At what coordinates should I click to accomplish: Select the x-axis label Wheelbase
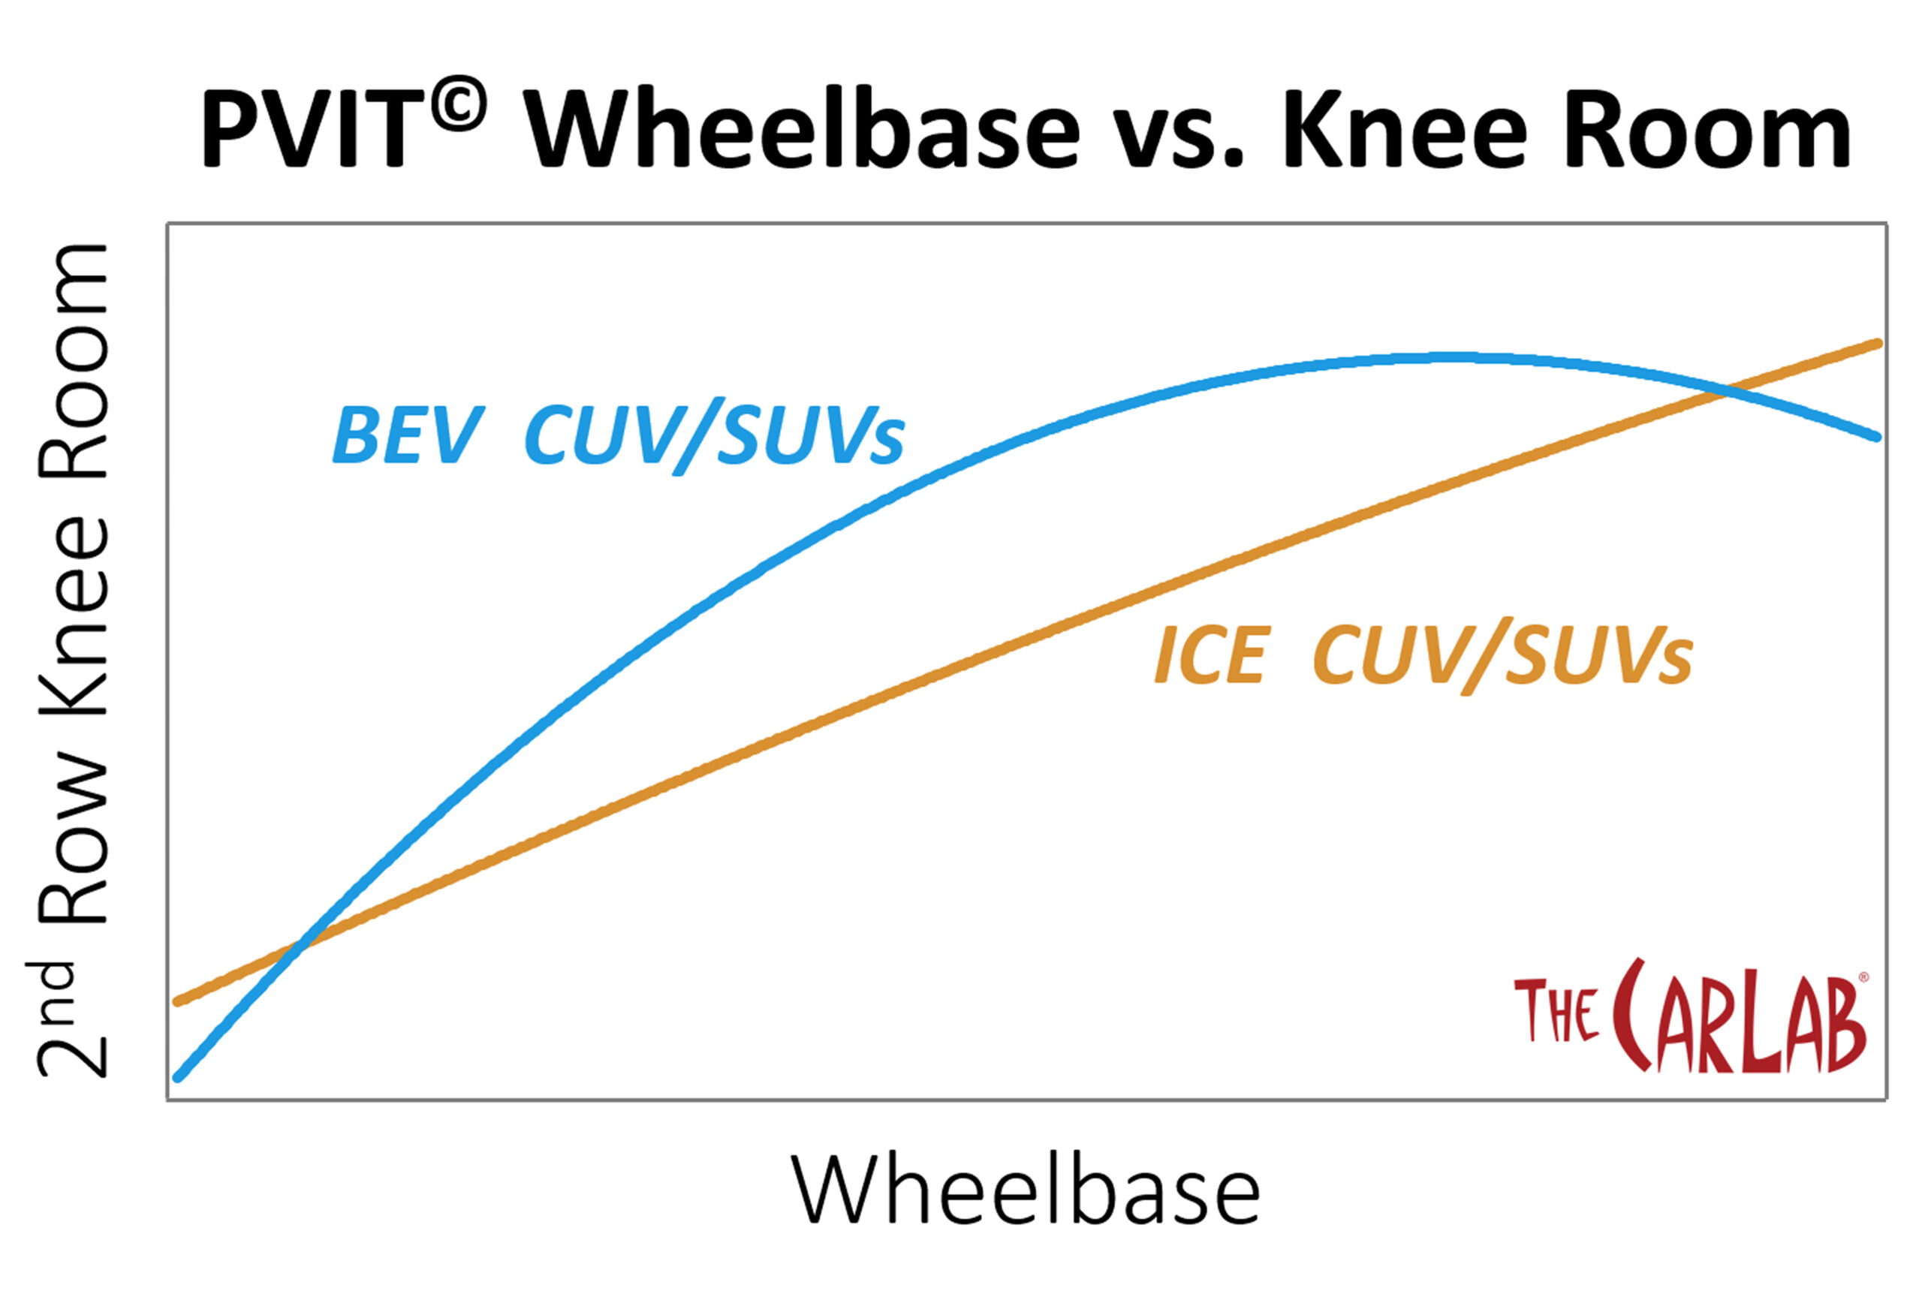click(x=1025, y=1189)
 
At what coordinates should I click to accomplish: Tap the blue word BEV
click(x=407, y=435)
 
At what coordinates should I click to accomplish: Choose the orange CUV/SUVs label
click(x=1503, y=657)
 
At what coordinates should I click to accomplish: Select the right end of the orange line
click(x=1878, y=342)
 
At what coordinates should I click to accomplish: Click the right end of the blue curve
click(x=1878, y=438)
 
